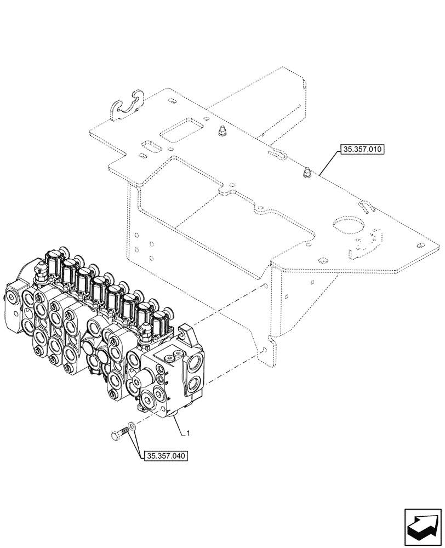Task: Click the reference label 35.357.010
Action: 363,150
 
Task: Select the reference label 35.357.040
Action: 164,455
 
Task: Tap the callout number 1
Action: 189,433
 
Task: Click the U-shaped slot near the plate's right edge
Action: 367,207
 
